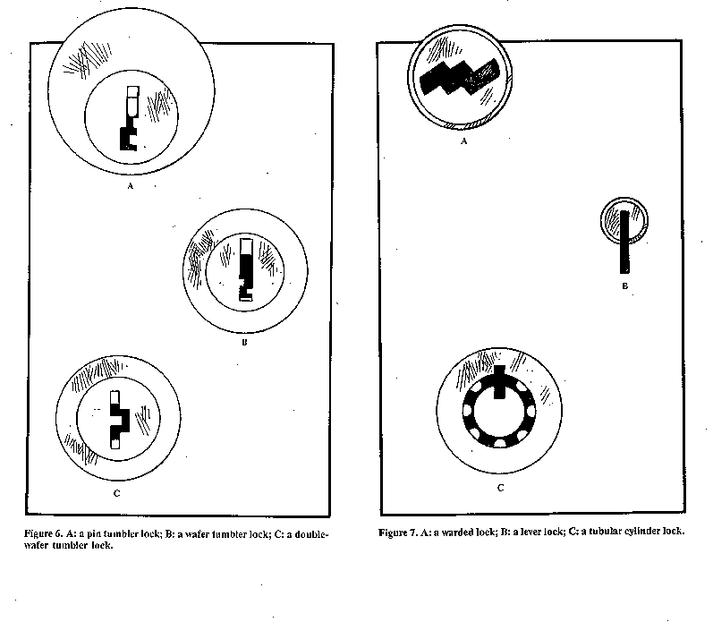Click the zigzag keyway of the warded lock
459,76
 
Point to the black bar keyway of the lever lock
624,242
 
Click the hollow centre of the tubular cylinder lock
499,413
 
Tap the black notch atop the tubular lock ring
499,381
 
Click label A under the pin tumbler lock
131,186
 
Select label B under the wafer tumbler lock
244,343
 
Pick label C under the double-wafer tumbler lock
116,493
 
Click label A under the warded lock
463,141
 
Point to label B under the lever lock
624,286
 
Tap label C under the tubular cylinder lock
501,488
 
